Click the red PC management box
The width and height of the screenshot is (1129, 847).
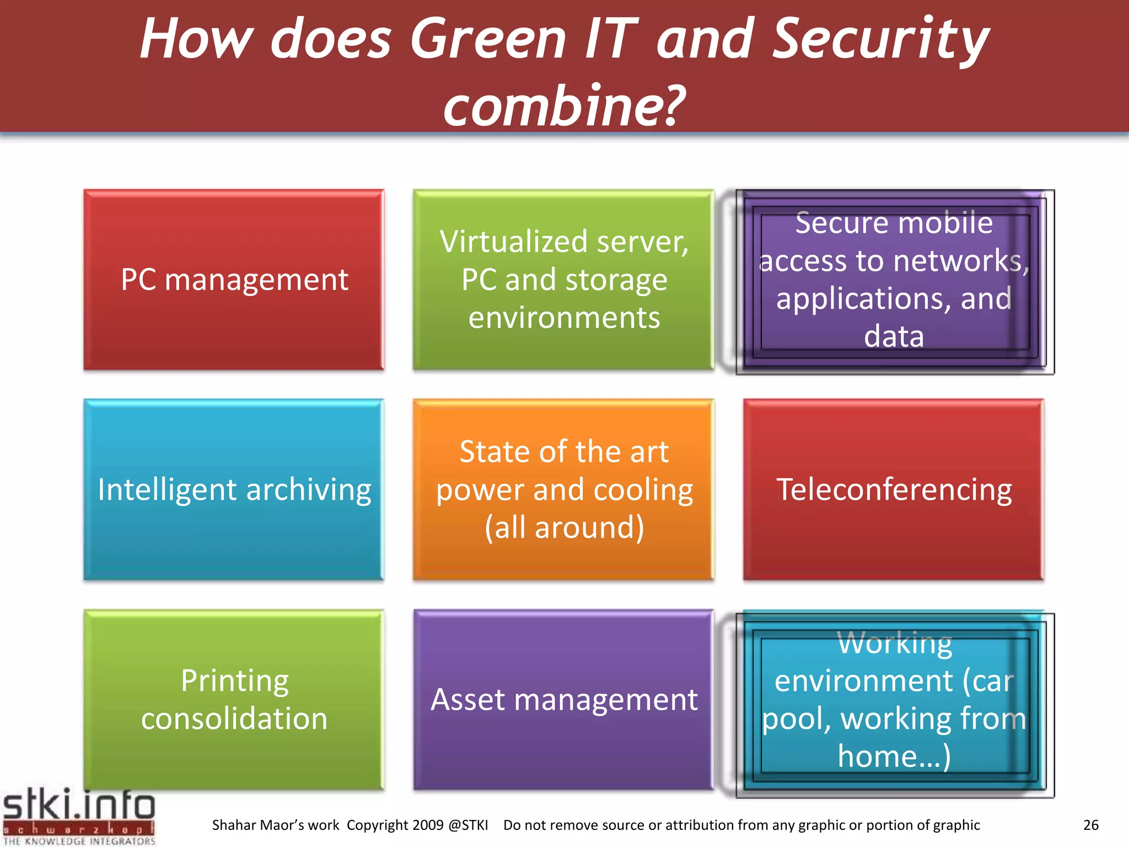point(234,280)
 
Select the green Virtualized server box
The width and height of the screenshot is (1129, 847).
point(563,280)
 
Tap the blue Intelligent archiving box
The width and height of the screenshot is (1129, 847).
point(234,490)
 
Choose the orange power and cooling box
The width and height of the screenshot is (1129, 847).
point(563,490)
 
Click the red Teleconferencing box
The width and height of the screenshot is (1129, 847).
point(893,490)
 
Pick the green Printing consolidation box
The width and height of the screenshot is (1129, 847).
point(234,699)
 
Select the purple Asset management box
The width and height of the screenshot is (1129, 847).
point(563,699)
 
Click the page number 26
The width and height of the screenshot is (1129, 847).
point(1090,825)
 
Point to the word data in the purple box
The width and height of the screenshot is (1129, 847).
point(894,336)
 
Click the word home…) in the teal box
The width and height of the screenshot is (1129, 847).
point(894,756)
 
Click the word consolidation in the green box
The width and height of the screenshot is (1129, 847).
point(234,719)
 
